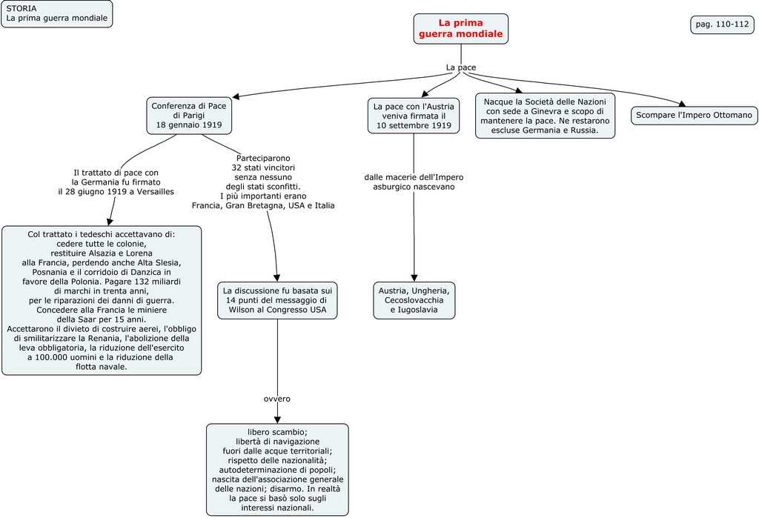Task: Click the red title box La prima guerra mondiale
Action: (460, 29)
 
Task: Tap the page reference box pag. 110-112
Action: (722, 24)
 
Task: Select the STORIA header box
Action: (56, 14)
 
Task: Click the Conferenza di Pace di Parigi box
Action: (188, 116)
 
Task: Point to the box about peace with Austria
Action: (414, 116)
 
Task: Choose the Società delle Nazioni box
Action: (545, 116)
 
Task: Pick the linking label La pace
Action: (460, 67)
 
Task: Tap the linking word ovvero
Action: (277, 399)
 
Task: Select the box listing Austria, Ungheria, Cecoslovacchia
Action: (414, 300)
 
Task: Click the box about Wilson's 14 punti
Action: (277, 300)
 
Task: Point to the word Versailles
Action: (153, 192)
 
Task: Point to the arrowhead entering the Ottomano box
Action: (681, 104)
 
